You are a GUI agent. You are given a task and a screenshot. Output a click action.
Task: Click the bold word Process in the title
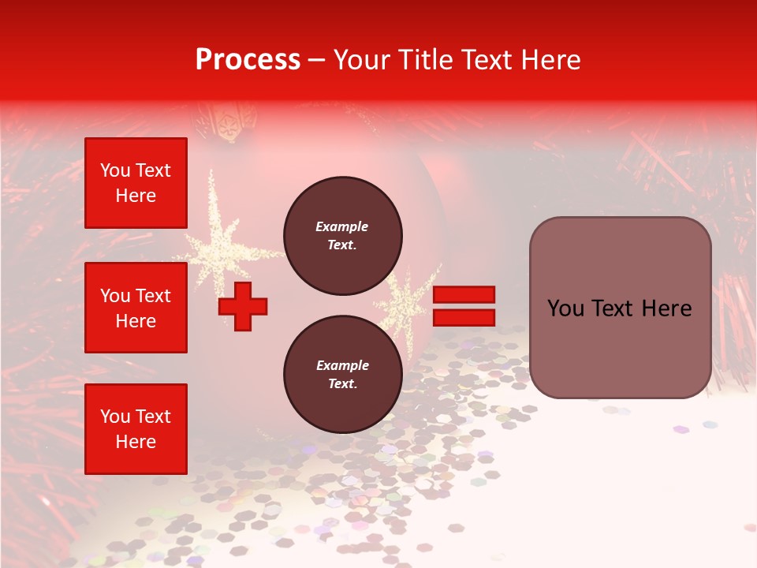point(248,59)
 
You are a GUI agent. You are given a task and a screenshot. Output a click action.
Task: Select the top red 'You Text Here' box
point(136,183)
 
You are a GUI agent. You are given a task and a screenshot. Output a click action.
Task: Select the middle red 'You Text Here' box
point(136,308)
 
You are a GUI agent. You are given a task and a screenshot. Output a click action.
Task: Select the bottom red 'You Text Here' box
point(136,429)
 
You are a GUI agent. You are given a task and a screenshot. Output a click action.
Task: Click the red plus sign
point(243,306)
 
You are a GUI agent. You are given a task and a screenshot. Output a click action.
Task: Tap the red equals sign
point(464,306)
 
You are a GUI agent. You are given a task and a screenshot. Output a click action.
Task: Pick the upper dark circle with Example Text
point(343,235)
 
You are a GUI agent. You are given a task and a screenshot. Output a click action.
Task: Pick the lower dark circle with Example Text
point(343,374)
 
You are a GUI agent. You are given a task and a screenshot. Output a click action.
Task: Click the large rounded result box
point(620,308)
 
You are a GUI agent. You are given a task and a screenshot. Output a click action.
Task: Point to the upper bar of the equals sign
point(464,295)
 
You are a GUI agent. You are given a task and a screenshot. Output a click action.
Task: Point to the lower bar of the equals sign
point(464,317)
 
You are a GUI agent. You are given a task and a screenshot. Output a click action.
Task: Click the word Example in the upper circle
point(341,226)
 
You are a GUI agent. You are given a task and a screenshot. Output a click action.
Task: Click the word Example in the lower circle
point(342,365)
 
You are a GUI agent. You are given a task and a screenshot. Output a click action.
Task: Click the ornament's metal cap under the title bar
point(225,122)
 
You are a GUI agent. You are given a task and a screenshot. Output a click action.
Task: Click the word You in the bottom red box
point(115,417)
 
